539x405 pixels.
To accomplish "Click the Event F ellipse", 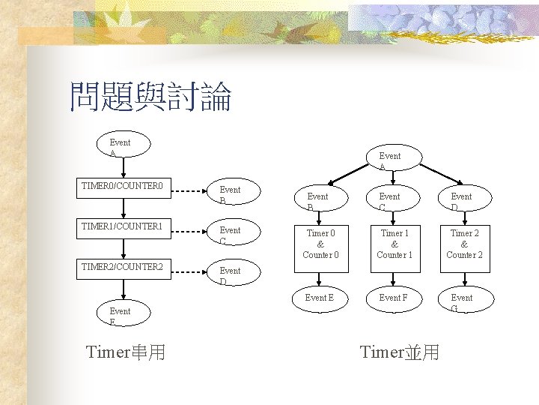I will pos(394,298).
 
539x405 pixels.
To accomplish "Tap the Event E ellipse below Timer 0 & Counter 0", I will pos(320,298).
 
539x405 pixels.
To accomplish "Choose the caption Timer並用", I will pos(400,352).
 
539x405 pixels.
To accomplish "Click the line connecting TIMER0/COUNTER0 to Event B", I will pos(190,192).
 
